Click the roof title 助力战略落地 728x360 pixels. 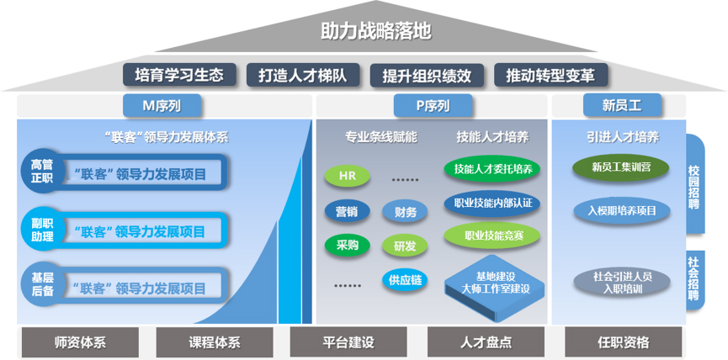[x=376, y=32]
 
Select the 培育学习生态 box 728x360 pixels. [x=179, y=75]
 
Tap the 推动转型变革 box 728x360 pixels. [x=550, y=75]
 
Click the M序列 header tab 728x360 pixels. [x=162, y=106]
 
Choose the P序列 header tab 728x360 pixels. [x=433, y=106]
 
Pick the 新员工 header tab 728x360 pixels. [x=622, y=106]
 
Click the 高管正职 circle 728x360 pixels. [x=43, y=172]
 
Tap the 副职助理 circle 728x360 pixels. [x=43, y=230]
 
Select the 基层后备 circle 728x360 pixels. [x=43, y=284]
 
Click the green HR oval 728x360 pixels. [x=348, y=176]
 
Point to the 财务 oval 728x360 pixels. [x=405, y=212]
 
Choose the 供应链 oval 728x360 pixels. [x=405, y=280]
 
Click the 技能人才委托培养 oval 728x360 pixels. [x=492, y=168]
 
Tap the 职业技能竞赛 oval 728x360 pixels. [x=492, y=236]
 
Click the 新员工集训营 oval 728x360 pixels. [x=622, y=167]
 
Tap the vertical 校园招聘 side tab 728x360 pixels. [x=694, y=184]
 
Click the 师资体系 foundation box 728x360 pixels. [x=80, y=342]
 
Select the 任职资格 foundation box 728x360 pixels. [x=624, y=342]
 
